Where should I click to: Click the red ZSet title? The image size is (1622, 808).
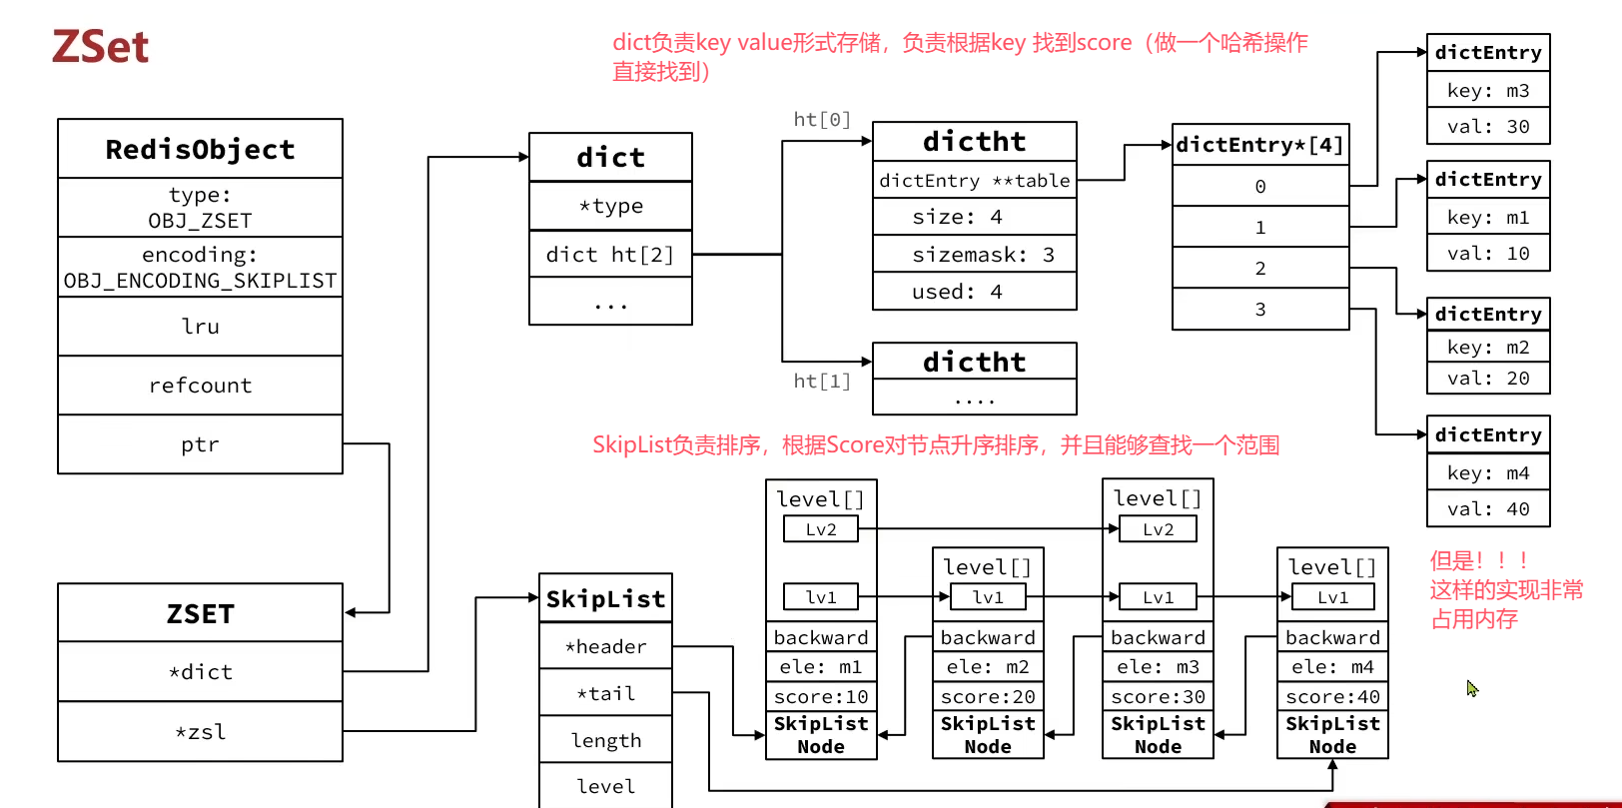101,47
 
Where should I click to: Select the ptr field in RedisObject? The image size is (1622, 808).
200,443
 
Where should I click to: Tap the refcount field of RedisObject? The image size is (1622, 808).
200,386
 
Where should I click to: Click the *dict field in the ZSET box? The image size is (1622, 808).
200,672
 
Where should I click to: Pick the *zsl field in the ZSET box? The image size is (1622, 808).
200,731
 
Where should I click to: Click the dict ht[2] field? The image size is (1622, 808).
610,254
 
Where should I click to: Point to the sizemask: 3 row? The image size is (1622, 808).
975,254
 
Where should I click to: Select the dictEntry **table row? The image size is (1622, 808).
975,181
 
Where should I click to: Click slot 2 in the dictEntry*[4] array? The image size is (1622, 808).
1260,268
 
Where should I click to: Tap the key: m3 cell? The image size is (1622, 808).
1488,91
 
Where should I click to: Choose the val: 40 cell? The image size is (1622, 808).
1488,509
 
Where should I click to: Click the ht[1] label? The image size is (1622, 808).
822,381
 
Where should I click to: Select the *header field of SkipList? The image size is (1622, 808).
606,646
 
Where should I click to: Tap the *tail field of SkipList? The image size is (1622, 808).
606,693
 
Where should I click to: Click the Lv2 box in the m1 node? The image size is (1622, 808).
821,529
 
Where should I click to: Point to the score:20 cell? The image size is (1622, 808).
988,696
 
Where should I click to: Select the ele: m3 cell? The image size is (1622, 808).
1158,666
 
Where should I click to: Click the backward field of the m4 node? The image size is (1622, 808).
1332,637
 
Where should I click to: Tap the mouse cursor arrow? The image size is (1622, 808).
1472,688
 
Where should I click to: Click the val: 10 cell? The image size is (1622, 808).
1488,254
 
